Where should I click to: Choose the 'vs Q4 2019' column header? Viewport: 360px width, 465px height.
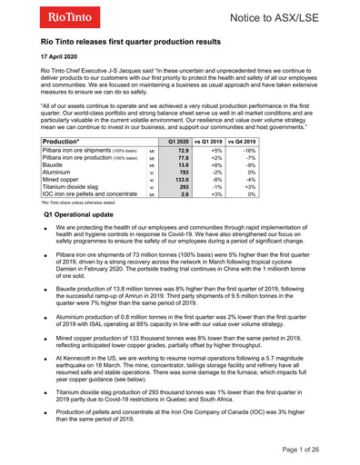pyautogui.click(x=242, y=142)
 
